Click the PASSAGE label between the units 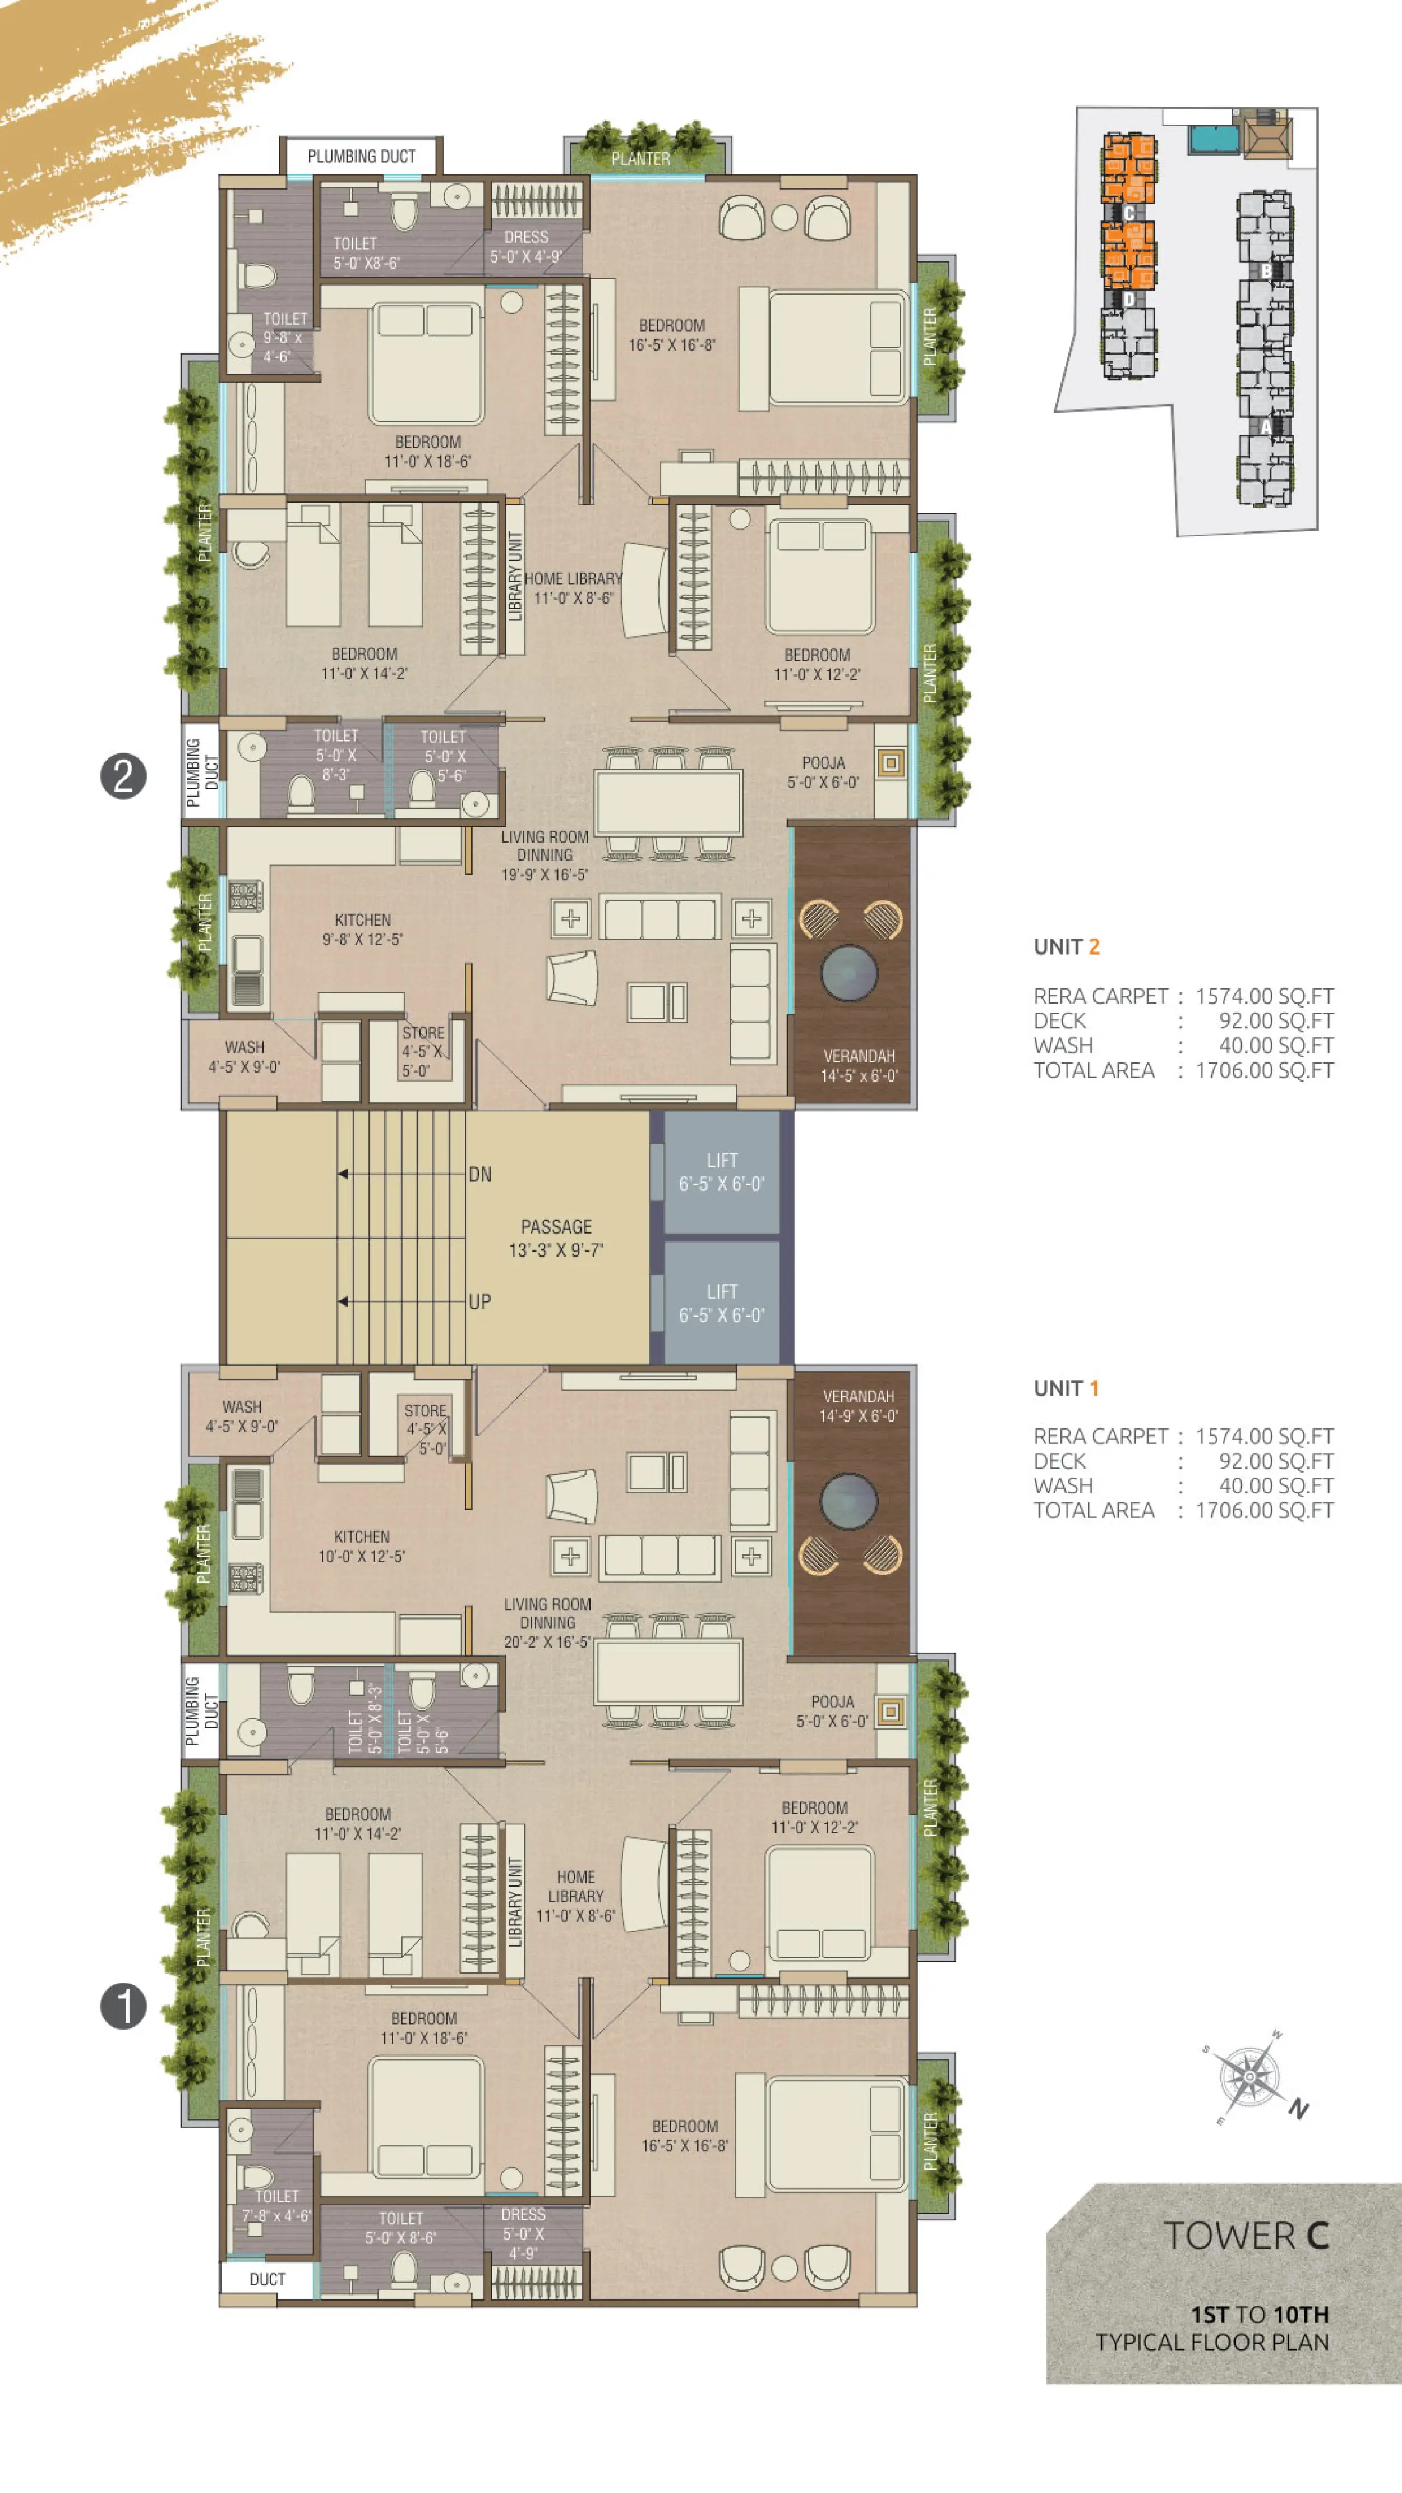click(556, 1226)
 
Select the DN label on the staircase click(480, 1175)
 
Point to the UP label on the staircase click(480, 1301)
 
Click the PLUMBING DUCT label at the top click(361, 156)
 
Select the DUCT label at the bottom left click(267, 2279)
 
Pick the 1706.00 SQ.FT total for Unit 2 click(1265, 1070)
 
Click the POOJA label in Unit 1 click(832, 1701)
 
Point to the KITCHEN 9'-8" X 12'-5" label click(363, 929)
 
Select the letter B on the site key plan click(1266, 271)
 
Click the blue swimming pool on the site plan click(1214, 139)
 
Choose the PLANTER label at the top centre click(640, 159)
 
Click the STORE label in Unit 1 click(426, 1411)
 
